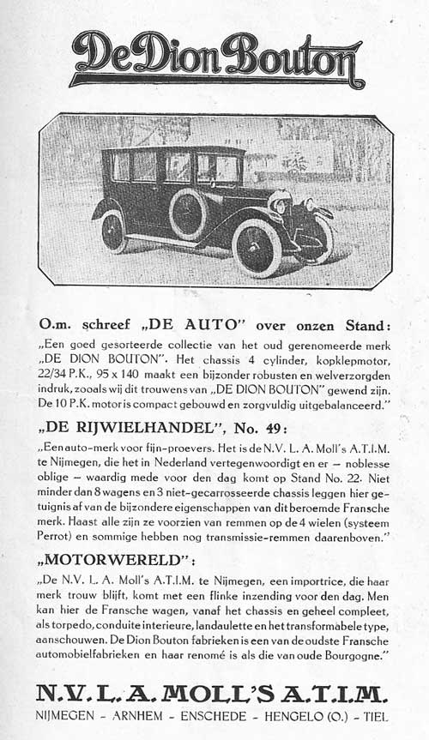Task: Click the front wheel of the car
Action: (257, 247)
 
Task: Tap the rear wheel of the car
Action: (114, 231)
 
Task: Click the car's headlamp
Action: (281, 205)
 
